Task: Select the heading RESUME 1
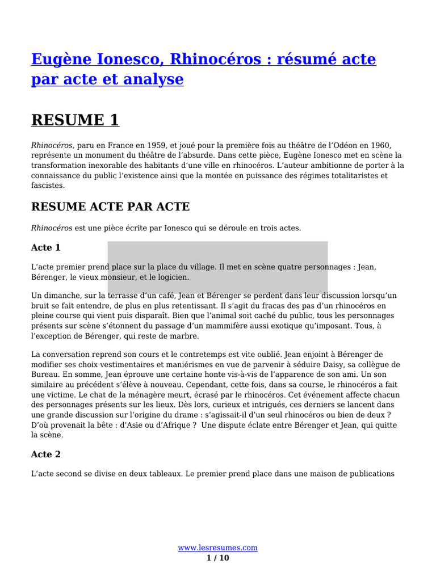pyautogui.click(x=75, y=120)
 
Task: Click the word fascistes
pyautogui.click(x=48, y=186)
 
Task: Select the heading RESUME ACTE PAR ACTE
pyautogui.click(x=110, y=207)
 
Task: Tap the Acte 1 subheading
pyautogui.click(x=45, y=248)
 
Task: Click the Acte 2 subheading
pyautogui.click(x=45, y=454)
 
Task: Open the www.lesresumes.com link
pyautogui.click(x=218, y=548)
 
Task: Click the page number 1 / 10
pyautogui.click(x=218, y=558)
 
